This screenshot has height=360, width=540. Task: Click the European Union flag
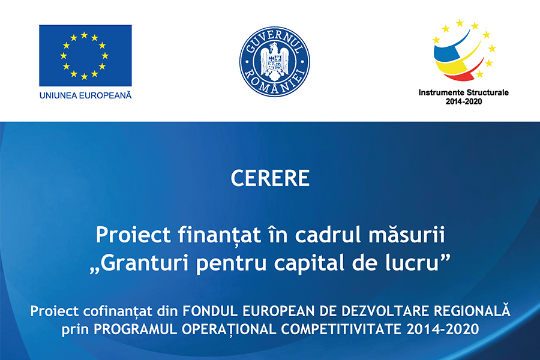(x=85, y=55)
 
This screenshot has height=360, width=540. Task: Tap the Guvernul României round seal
(x=274, y=61)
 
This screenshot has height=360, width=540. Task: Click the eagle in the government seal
(x=274, y=59)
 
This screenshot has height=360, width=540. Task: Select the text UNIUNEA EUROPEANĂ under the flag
(x=85, y=95)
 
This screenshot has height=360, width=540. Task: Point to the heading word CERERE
(x=270, y=178)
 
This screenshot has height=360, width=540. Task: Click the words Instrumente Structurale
(x=464, y=92)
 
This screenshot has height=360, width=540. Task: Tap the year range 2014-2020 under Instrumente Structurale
(x=464, y=101)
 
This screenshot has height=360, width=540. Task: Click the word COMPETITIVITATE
(x=341, y=329)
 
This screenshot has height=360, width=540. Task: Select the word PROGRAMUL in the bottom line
(x=136, y=329)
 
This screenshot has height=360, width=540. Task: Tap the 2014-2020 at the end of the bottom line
(x=443, y=329)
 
